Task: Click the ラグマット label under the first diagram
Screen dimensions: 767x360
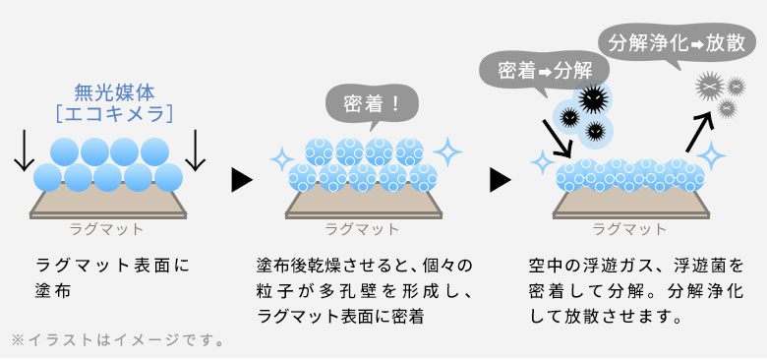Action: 106,230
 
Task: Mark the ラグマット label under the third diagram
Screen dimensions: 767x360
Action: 629,230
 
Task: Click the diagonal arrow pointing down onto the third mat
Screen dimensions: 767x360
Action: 554,140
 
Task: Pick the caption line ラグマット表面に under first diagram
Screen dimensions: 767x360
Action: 110,266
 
